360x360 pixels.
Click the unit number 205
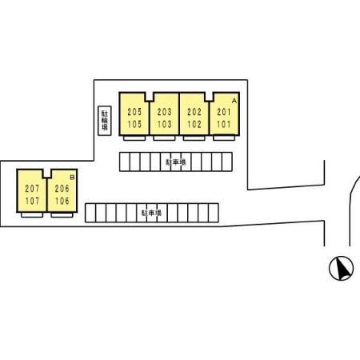tap(134, 112)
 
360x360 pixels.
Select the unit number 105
tap(134, 124)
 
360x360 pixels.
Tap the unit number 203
tap(164, 112)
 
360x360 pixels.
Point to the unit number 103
tap(164, 124)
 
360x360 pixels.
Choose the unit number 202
tap(194, 112)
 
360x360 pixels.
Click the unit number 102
tap(194, 124)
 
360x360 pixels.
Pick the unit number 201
tap(224, 112)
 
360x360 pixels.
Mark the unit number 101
tap(224, 124)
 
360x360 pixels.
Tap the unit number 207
tap(32, 189)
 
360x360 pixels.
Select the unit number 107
tap(32, 201)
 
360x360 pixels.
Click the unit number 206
tap(62, 189)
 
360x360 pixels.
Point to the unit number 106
tap(62, 201)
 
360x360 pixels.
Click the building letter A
tap(234, 101)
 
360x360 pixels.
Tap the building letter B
tap(72, 178)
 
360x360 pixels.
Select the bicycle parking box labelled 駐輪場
tap(105, 121)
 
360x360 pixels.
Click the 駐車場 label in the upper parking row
tap(176, 162)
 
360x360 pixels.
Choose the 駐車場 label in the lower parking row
tap(151, 213)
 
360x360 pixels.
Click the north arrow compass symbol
tap(341, 268)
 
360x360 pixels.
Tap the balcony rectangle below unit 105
tap(134, 138)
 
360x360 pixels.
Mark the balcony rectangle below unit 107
tap(32, 214)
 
